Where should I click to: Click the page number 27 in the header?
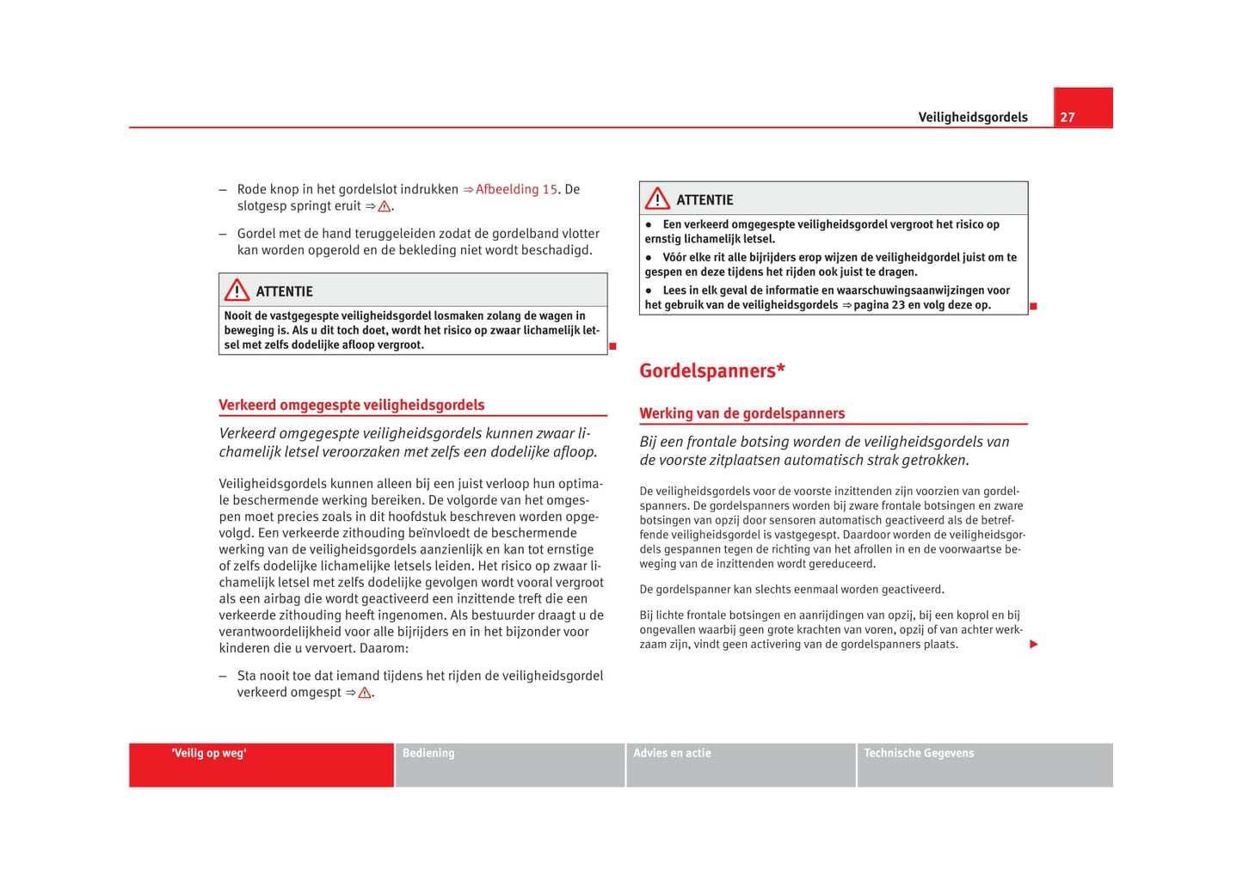coord(1068,118)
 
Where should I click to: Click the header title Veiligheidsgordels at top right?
coord(972,118)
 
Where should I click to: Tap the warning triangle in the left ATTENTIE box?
coord(237,291)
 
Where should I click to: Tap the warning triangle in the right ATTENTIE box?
coord(657,199)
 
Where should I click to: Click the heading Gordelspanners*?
coord(712,370)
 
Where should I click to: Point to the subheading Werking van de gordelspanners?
coord(741,413)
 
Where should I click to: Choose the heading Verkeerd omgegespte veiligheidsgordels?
coord(351,405)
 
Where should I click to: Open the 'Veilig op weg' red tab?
coord(209,754)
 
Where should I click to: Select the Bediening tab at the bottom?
coord(428,754)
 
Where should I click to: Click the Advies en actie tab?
coord(672,754)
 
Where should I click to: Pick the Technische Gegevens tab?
coord(919,754)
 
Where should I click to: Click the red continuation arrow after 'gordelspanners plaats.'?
coord(1033,645)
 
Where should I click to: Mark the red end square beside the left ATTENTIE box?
coord(613,346)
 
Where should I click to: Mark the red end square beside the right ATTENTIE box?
coord(1033,307)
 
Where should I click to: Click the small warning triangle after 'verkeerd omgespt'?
coord(365,693)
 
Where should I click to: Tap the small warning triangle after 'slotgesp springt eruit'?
coord(385,207)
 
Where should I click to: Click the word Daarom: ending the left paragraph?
coord(384,648)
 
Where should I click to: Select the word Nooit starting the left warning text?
coord(238,315)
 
